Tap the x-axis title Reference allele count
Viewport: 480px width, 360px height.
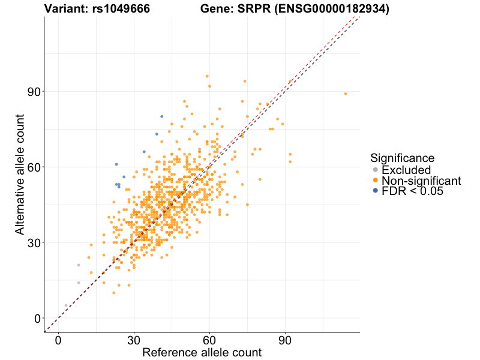[202, 352]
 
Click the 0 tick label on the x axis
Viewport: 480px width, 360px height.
[58, 340]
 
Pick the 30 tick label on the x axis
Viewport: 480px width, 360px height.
[134, 340]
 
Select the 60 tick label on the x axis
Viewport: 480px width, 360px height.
[209, 340]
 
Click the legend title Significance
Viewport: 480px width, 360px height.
[402, 158]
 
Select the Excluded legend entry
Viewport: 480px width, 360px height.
[406, 170]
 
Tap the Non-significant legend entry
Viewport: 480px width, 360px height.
[421, 181]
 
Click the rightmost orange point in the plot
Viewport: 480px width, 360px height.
[346, 94]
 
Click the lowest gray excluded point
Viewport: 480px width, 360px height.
[66, 305]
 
